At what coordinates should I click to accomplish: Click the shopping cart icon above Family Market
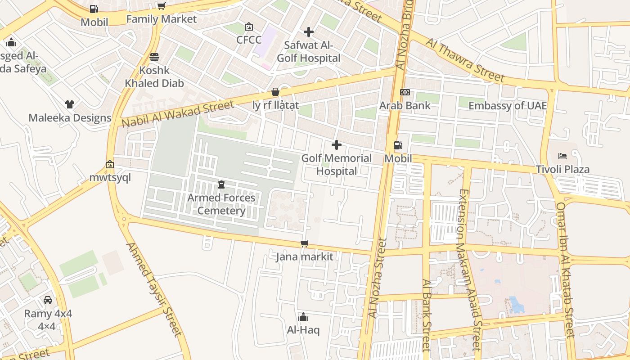(x=161, y=6)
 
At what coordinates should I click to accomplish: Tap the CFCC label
(x=249, y=40)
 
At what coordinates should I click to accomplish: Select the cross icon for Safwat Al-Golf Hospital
(x=309, y=32)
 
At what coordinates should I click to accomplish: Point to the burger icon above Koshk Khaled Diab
(x=154, y=57)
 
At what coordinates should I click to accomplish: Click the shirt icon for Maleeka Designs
(x=70, y=104)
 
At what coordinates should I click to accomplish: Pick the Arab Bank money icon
(x=405, y=92)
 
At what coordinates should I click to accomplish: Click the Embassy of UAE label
(x=508, y=106)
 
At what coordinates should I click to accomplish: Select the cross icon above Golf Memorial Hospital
(x=337, y=145)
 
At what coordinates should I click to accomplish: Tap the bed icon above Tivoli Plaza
(x=562, y=156)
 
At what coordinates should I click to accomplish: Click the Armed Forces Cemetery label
(x=221, y=204)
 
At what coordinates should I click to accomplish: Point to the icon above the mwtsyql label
(x=110, y=164)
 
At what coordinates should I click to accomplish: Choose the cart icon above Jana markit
(x=305, y=244)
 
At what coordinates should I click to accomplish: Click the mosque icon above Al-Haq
(x=303, y=317)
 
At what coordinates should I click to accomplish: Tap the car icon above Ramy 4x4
(x=48, y=300)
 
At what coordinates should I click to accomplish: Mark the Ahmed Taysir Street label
(x=154, y=290)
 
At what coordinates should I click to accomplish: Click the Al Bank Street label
(x=426, y=315)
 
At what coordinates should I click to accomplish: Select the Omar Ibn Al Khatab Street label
(x=566, y=270)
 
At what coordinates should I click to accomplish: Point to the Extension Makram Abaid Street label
(x=470, y=270)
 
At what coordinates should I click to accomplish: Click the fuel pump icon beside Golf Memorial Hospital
(x=398, y=145)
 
